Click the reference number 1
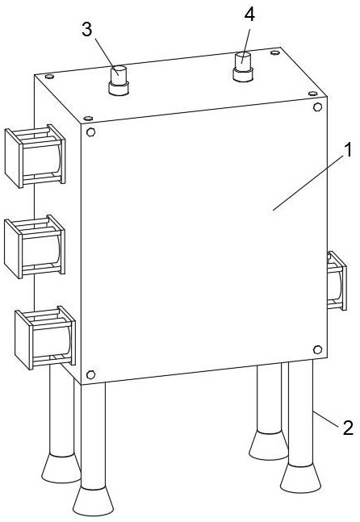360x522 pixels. (347, 151)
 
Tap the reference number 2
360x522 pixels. (348, 428)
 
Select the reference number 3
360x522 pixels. (86, 29)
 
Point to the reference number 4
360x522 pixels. (249, 15)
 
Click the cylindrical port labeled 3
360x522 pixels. (119, 81)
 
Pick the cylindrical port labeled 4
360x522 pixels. (243, 67)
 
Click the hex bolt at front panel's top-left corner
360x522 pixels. (90, 132)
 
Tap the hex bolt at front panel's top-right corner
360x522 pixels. (318, 107)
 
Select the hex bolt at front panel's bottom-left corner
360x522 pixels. (90, 374)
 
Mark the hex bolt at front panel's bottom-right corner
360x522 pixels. (318, 349)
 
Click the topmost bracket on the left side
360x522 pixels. (35, 156)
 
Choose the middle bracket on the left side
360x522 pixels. (34, 246)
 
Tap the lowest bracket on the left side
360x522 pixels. (45, 337)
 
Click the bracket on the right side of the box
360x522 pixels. (337, 281)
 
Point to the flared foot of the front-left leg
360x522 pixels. (94, 502)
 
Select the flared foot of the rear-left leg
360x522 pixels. (61, 468)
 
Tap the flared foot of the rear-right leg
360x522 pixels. (269, 445)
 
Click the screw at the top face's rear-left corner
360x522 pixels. (49, 77)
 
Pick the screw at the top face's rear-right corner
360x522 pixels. (274, 52)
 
